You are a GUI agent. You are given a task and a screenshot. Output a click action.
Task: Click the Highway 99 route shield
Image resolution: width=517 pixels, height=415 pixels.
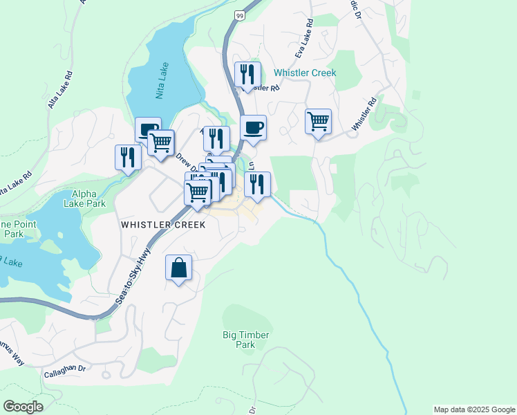239,15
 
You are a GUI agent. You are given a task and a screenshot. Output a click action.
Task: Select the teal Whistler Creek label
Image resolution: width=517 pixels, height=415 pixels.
305,73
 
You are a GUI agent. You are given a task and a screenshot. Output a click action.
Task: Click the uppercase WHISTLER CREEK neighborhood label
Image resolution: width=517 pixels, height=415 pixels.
163,225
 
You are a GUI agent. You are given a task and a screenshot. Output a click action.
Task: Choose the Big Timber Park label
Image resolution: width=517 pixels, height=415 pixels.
245,339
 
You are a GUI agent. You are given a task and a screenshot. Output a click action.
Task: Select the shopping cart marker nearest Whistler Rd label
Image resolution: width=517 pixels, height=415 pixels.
318,121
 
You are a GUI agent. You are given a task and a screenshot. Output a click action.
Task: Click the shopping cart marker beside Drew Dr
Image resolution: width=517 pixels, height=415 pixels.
160,142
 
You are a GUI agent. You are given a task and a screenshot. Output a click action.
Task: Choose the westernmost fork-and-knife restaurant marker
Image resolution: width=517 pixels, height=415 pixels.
128,156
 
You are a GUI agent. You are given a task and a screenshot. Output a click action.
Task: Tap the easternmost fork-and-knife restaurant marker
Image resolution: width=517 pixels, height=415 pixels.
257,184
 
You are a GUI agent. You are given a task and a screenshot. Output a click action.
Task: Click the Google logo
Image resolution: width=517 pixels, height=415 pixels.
23,406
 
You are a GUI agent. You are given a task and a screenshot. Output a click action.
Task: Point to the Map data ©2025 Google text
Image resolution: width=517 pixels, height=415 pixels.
473,409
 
